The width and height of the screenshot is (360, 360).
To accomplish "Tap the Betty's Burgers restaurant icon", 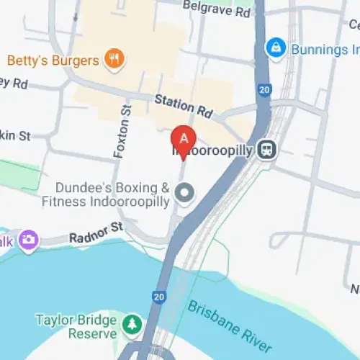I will [x=113, y=58].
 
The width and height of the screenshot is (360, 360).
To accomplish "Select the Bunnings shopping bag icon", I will [x=274, y=49].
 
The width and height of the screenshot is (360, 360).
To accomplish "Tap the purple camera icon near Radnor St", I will [x=30, y=239].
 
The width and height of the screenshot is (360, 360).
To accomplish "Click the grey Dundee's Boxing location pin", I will [x=185, y=193].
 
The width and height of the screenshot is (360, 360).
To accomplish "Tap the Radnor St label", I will [x=97, y=232].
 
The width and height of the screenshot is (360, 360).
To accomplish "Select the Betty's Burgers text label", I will [x=52, y=59].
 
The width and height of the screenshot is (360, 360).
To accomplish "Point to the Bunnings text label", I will [x=324, y=49].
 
